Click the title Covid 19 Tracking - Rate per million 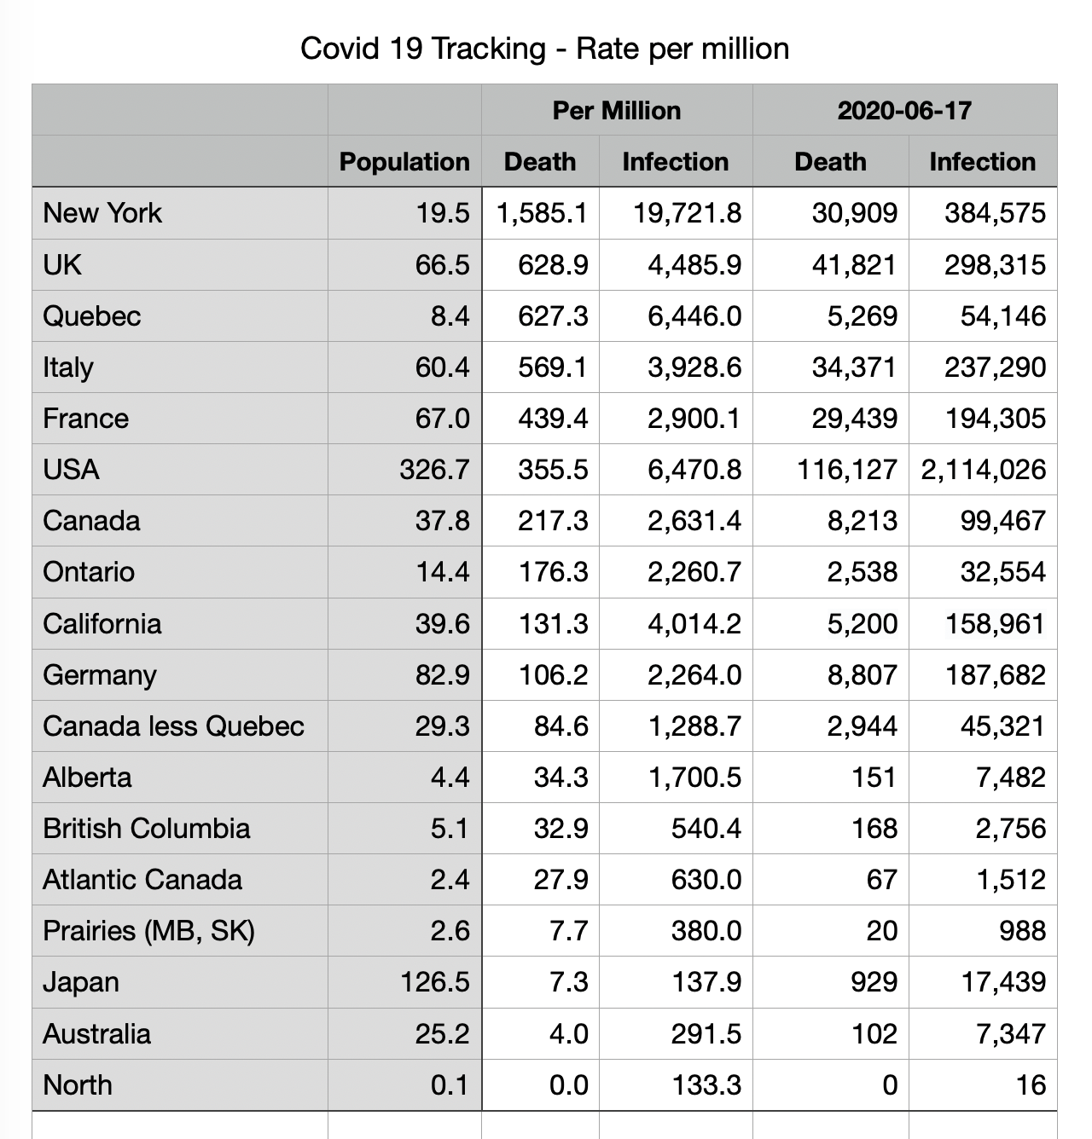[x=544, y=49]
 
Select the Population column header [x=404, y=161]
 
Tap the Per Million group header [x=616, y=110]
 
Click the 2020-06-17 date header [x=904, y=110]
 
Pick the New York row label [x=102, y=212]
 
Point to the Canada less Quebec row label [x=173, y=726]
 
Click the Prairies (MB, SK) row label [x=148, y=930]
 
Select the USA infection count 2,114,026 [x=983, y=469]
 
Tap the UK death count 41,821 [x=854, y=264]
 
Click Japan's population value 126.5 [x=435, y=981]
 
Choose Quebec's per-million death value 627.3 [x=553, y=315]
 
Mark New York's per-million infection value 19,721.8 [x=687, y=212]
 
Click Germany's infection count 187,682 [x=995, y=674]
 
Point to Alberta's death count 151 [x=874, y=777]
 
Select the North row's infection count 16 [x=1031, y=1084]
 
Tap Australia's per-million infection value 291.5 [x=706, y=1033]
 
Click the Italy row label [x=68, y=367]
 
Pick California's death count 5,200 [x=862, y=623]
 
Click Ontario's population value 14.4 [x=443, y=571]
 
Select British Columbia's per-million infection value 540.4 [x=706, y=828]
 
